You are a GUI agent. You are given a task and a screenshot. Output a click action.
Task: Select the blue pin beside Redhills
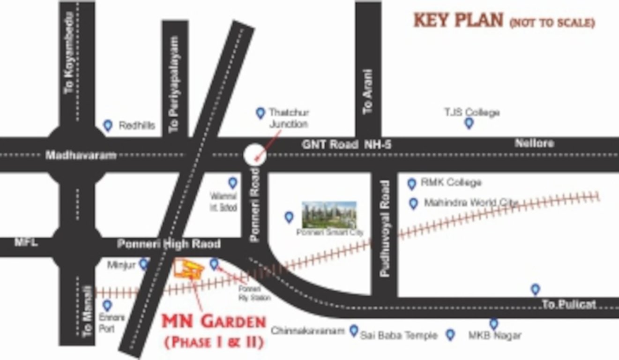108,125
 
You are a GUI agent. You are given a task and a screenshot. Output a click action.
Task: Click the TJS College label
472,112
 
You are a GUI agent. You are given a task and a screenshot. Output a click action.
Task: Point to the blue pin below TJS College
469,123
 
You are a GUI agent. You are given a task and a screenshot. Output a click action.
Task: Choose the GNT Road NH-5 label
346,144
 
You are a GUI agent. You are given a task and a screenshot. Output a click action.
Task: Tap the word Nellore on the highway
534,143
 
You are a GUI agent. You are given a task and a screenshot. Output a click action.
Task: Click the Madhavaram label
81,155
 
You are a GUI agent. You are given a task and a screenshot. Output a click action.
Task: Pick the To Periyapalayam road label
174,85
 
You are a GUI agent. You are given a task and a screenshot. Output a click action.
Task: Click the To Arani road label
368,92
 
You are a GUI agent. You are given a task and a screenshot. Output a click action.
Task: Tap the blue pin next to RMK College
411,184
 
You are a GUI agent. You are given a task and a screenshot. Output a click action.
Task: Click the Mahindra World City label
470,203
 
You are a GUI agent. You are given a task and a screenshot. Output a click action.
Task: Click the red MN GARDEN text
214,322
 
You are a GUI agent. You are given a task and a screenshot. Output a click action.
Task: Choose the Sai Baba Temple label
399,335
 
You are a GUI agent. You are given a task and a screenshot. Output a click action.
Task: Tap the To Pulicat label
569,304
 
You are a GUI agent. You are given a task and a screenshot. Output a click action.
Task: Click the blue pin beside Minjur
143,264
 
